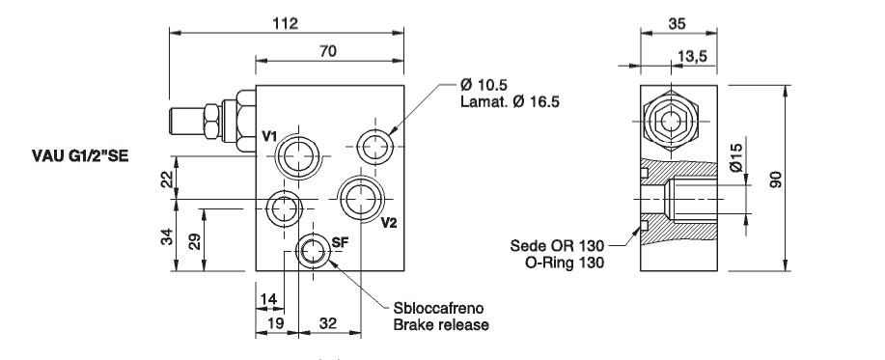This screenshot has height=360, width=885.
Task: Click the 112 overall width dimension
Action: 285,23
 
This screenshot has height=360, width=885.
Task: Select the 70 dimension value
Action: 327,51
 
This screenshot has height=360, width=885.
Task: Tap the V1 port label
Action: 269,136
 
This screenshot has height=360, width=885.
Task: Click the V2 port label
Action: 389,223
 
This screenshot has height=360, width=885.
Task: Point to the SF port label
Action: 341,242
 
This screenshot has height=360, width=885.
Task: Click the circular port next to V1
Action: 297,155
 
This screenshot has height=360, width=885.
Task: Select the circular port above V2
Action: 361,199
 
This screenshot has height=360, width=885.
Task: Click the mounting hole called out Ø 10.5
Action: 375,148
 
